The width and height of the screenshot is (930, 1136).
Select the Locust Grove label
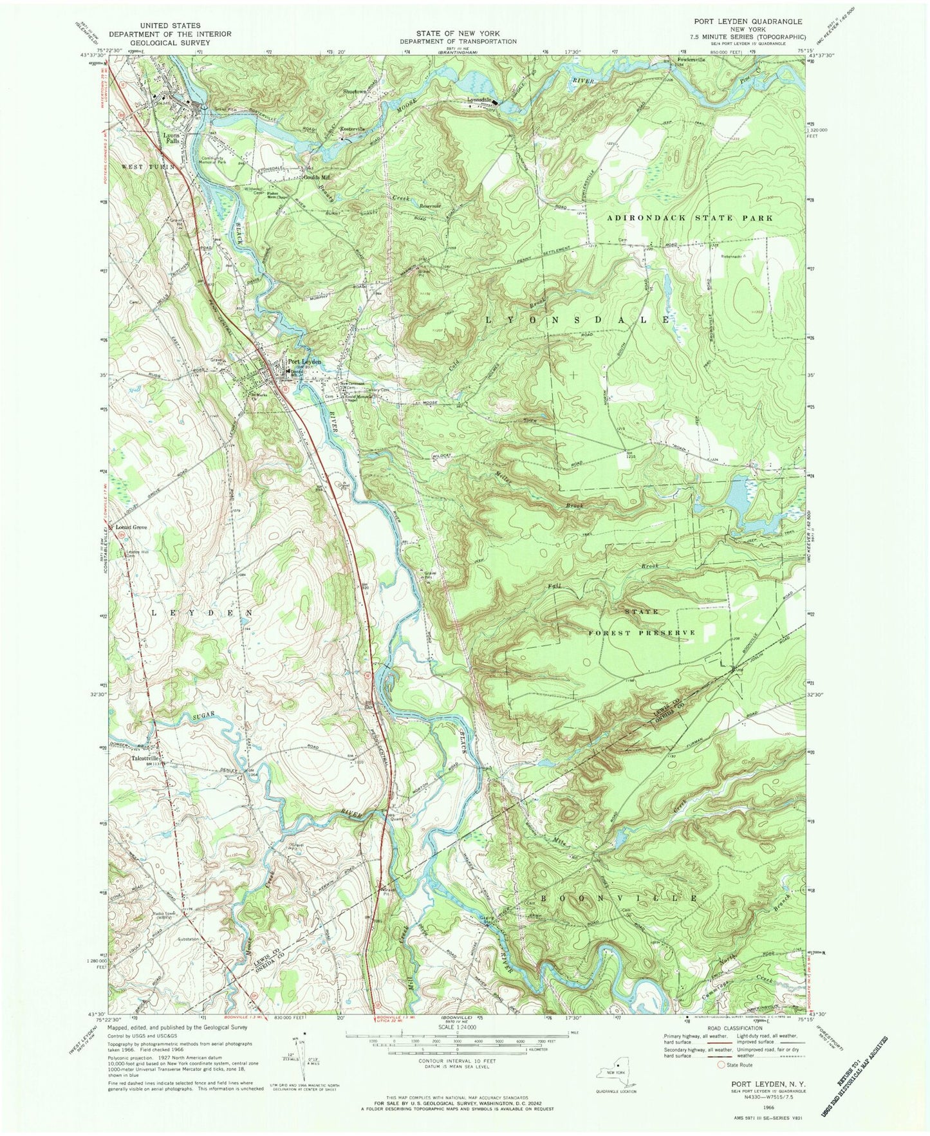131,528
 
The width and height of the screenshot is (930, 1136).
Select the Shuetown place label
355,91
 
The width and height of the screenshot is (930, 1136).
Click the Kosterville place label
351,129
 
